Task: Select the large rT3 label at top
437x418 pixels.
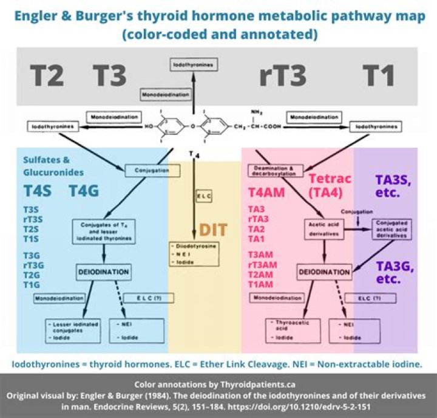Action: tap(283, 75)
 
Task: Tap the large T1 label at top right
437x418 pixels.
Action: tap(379, 75)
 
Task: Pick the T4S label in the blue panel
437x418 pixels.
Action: tap(38, 191)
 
